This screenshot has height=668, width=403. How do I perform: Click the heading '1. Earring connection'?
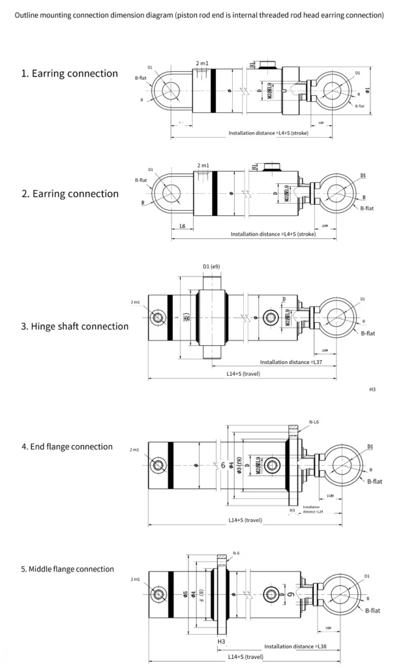point(70,73)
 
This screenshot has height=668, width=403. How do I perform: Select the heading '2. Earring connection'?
point(70,194)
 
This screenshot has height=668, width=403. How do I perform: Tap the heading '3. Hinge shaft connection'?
point(75,326)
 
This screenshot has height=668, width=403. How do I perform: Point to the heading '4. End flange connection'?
point(67,447)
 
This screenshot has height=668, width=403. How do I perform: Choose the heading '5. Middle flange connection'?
point(67,569)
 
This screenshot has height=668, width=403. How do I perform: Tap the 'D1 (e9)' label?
point(211,266)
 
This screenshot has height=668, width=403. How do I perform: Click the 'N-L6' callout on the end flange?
point(314,422)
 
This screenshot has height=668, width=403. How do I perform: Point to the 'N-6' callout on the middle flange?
point(236,553)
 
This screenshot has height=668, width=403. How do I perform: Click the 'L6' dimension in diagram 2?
point(183,226)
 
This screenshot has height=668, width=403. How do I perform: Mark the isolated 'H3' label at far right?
point(372,389)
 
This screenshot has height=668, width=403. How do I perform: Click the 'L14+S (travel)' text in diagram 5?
point(245,656)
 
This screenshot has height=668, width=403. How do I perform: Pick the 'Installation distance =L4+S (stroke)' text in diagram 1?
point(268,133)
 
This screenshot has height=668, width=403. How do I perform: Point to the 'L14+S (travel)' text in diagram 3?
point(243,374)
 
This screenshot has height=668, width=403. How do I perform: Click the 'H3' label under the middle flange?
point(221,641)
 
